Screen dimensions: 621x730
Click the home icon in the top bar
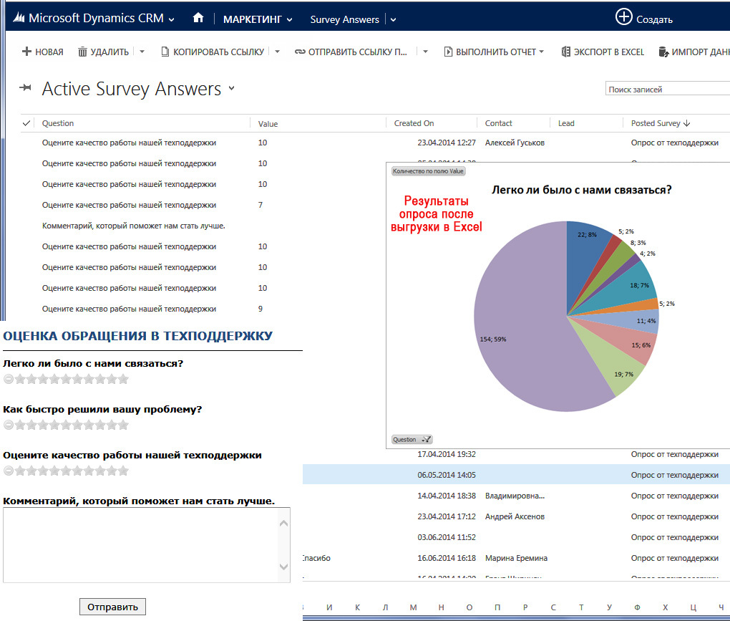click(198, 19)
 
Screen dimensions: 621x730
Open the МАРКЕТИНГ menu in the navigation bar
click(258, 19)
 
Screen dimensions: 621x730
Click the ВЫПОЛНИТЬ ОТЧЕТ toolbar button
click(494, 52)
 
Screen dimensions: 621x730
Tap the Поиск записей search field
click(666, 90)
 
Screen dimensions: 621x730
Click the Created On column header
click(414, 123)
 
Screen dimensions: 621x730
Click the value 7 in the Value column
click(261, 205)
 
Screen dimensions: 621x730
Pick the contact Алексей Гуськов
click(515, 143)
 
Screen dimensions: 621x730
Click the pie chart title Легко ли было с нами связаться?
click(580, 190)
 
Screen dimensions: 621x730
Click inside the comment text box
click(140, 544)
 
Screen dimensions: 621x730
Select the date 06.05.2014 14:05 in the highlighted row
click(447, 475)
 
